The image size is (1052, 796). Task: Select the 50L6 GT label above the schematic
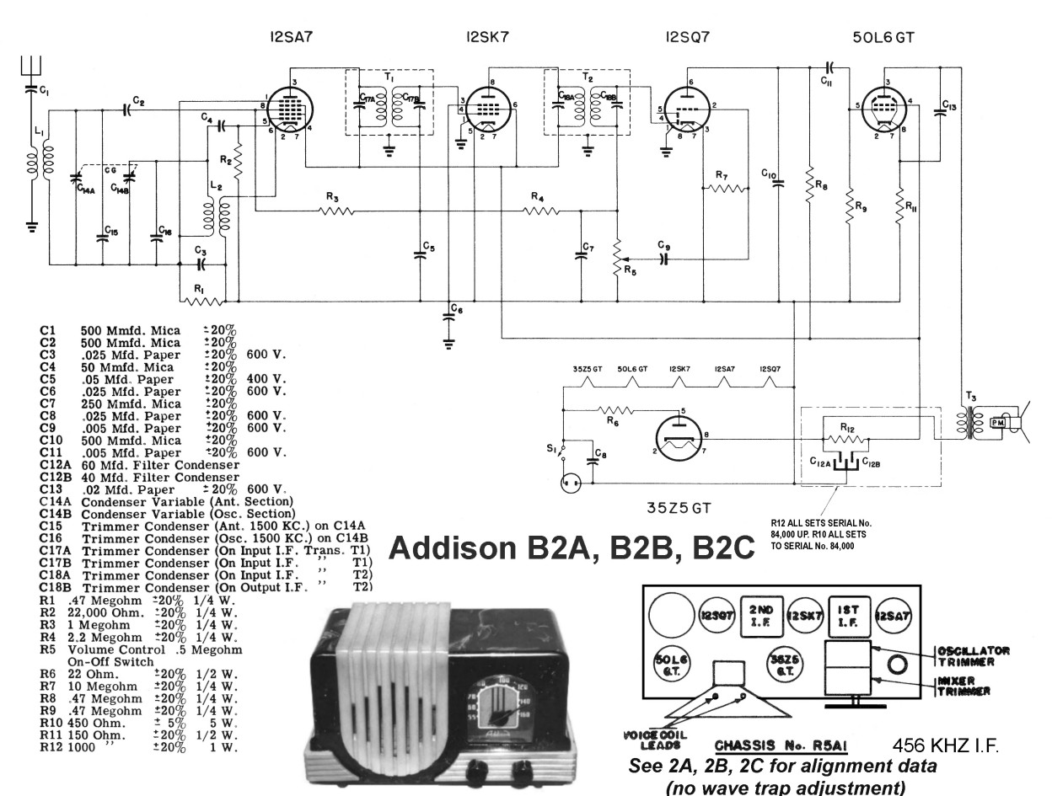pos(884,36)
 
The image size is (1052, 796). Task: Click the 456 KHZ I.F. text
pos(945,747)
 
